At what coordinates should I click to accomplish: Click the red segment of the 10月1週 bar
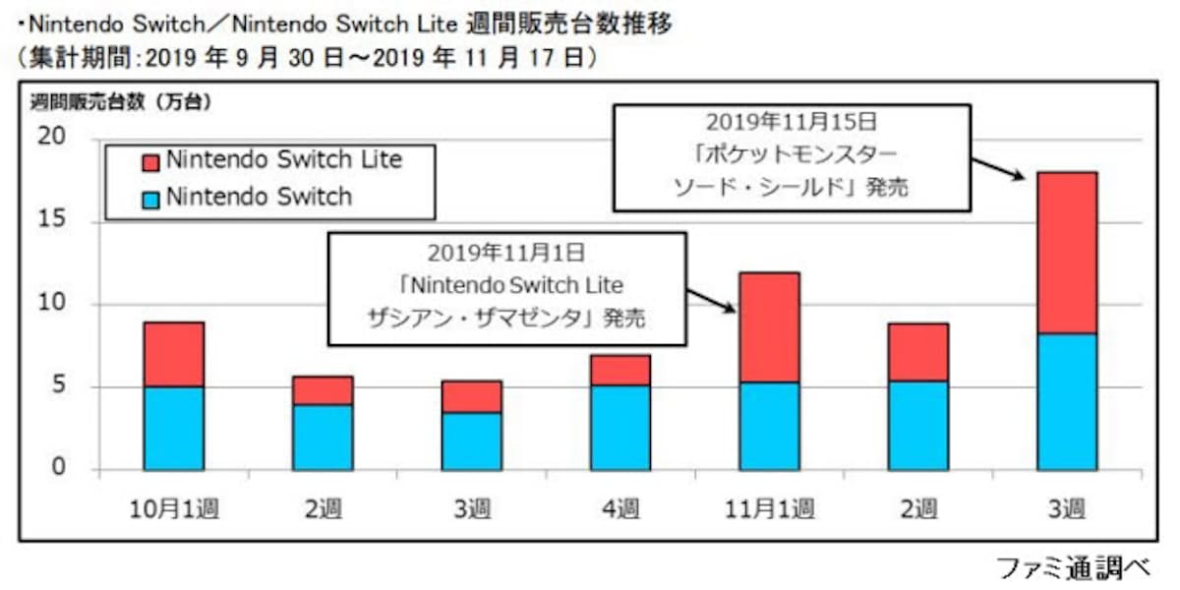click(174, 354)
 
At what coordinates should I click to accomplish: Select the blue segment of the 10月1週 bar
click(174, 428)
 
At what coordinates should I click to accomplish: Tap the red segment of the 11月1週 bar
click(769, 326)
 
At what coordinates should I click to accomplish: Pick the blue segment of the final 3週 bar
click(1067, 401)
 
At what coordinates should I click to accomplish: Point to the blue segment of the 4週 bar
click(620, 427)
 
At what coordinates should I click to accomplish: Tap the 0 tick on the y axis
click(60, 469)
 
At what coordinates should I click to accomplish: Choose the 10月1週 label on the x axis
click(174, 508)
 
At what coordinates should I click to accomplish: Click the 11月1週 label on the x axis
click(769, 508)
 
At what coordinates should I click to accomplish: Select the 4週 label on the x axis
click(620, 508)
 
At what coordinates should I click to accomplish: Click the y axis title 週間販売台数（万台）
click(121, 100)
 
